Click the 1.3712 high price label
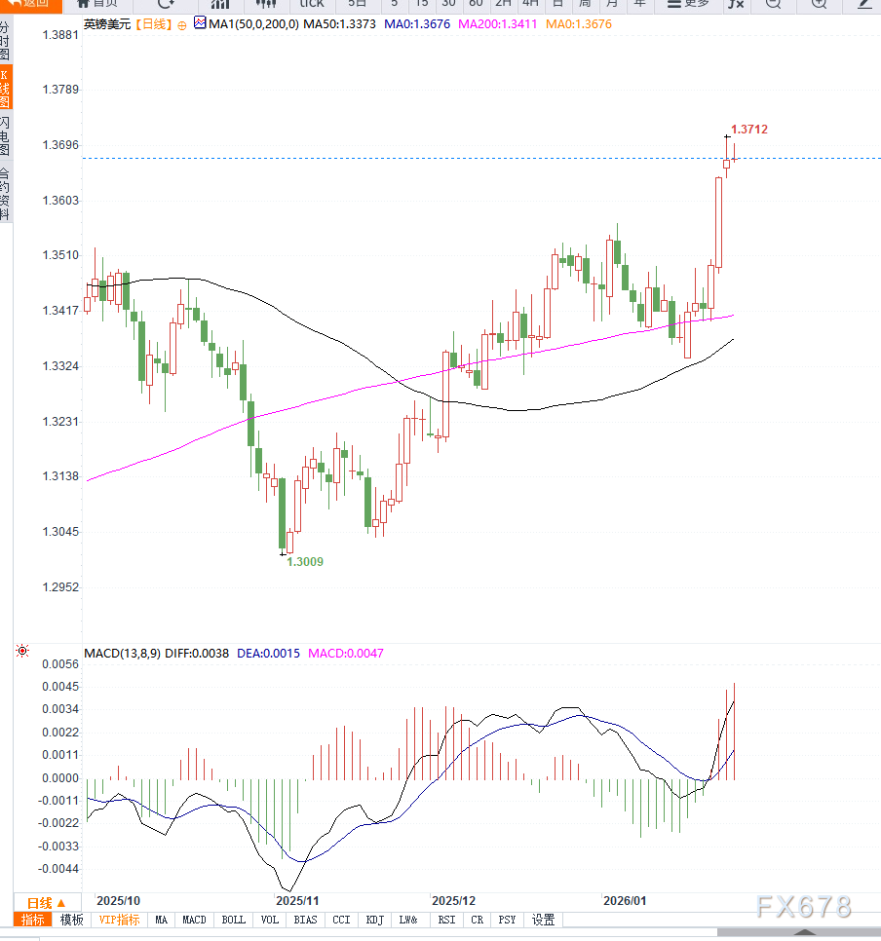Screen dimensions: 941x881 (748, 130)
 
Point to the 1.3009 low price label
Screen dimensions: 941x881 (304, 562)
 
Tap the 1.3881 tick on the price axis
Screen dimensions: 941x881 (60, 35)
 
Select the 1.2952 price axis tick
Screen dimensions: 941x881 (60, 587)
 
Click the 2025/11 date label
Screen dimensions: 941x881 (298, 901)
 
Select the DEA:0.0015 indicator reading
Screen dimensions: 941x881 (268, 654)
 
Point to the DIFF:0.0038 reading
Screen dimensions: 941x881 (198, 654)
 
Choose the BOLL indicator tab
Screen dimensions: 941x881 (234, 920)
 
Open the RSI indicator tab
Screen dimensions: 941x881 (446, 920)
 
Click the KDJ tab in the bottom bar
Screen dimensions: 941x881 (375, 920)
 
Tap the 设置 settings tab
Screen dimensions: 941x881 (543, 920)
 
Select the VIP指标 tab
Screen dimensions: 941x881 (120, 920)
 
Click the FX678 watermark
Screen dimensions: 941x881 (803, 906)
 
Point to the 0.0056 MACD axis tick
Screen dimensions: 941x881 (60, 663)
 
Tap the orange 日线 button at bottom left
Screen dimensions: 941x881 (46, 903)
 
